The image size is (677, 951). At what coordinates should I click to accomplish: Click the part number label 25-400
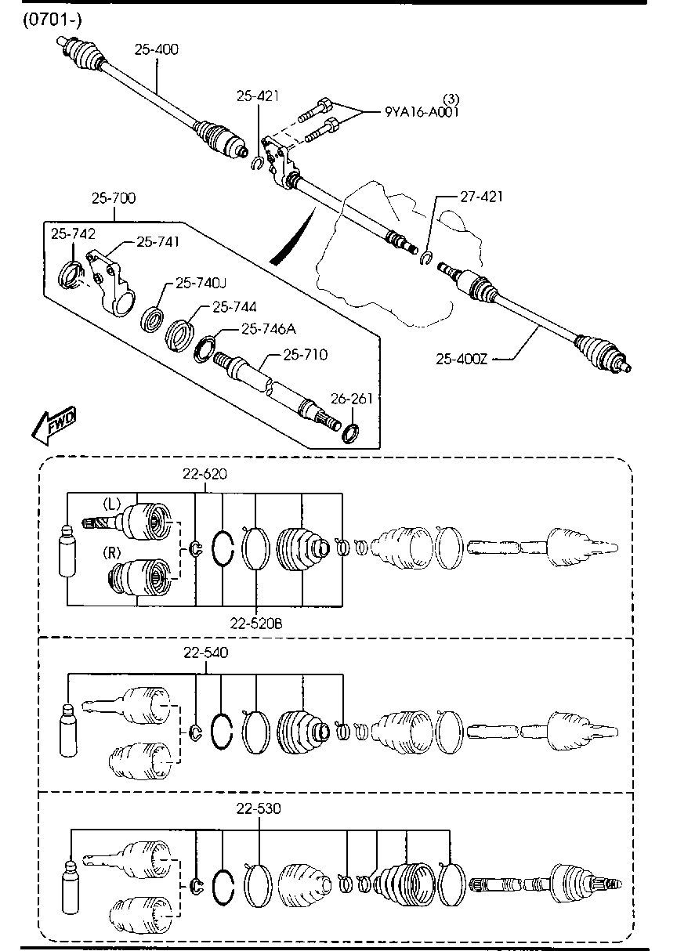coord(156,49)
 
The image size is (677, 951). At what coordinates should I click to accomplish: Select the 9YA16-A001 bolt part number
coord(422,111)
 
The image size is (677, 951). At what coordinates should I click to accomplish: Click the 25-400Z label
coord(462,360)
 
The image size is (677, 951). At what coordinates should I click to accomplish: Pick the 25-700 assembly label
coord(113,198)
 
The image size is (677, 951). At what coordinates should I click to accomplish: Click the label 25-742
coord(73,233)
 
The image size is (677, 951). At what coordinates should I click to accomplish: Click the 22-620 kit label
coord(205,474)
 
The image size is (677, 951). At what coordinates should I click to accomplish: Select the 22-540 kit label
coord(205,653)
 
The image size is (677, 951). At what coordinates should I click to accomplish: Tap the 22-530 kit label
coord(259,808)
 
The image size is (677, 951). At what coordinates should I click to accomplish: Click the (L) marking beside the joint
coord(112,504)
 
